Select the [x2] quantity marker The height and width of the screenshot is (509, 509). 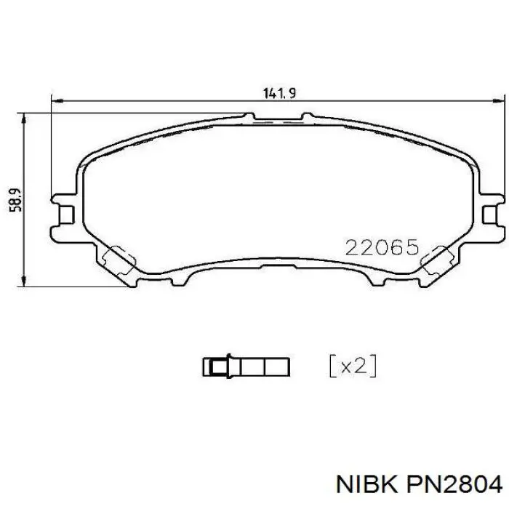pos(353,366)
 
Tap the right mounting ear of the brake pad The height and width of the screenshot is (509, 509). pos(491,211)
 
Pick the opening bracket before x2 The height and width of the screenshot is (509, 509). pos(332,366)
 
